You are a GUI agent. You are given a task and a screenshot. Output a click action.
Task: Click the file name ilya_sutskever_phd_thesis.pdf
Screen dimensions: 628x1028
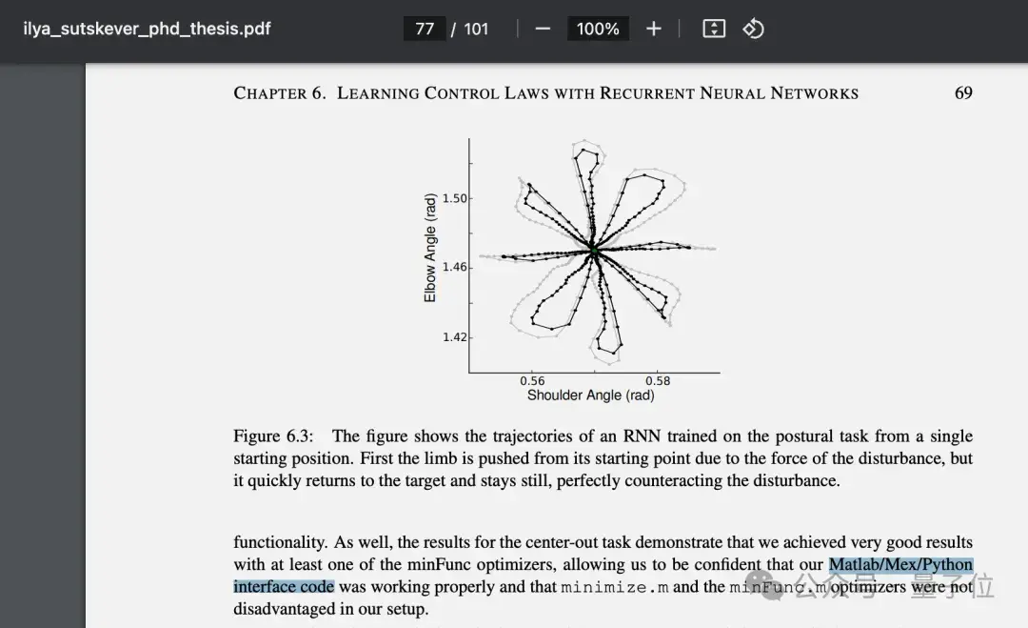point(147,29)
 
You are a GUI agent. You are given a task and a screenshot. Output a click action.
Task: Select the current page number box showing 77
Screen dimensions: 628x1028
point(425,29)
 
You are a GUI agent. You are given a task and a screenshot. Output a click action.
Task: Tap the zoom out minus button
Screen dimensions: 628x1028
point(543,29)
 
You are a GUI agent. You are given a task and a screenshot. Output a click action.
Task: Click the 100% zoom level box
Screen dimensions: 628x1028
point(598,29)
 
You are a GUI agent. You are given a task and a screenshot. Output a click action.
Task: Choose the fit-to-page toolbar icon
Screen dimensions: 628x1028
point(714,29)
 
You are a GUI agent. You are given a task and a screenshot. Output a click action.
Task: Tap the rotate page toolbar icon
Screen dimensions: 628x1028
point(754,29)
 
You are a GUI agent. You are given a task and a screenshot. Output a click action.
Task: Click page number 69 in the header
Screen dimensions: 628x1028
point(963,93)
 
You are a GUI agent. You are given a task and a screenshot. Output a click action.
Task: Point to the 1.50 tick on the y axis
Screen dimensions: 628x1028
point(455,198)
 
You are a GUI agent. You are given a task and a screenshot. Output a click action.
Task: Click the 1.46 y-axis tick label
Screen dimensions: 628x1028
point(455,267)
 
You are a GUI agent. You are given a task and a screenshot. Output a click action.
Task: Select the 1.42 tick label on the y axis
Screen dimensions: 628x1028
point(455,337)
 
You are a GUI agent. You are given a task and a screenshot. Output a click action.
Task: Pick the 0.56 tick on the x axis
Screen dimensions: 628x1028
point(532,381)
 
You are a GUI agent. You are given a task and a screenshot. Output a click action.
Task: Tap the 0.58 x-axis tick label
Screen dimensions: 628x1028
point(658,381)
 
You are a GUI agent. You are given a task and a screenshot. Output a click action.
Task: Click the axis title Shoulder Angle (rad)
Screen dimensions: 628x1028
point(591,395)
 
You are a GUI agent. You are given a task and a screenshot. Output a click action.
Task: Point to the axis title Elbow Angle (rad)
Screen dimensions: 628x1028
point(430,249)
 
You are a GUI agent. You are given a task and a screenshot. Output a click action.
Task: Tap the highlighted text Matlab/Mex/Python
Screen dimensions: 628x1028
point(900,565)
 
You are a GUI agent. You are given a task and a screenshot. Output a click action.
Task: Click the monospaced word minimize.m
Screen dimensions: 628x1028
point(614,587)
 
